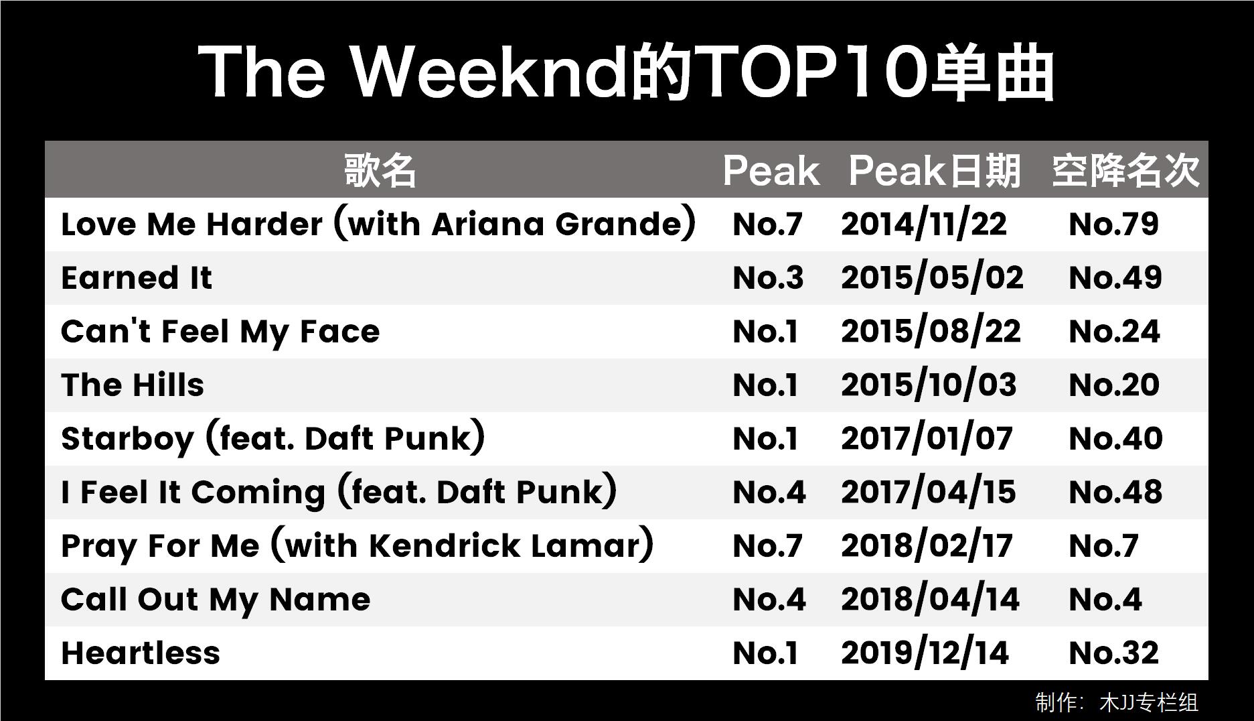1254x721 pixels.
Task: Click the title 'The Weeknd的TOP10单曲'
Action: point(626,72)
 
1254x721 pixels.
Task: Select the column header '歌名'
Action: point(380,170)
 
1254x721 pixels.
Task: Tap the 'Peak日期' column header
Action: point(935,170)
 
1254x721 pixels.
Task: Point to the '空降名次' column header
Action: point(1125,170)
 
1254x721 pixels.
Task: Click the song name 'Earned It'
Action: point(137,278)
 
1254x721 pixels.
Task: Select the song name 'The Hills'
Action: point(133,385)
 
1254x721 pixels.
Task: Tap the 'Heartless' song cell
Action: point(141,653)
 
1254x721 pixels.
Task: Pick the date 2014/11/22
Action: point(924,224)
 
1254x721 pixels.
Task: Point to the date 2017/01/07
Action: point(927,439)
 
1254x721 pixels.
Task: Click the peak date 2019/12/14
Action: point(925,653)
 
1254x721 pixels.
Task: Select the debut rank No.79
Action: point(1114,224)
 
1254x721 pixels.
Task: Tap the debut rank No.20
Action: point(1115,385)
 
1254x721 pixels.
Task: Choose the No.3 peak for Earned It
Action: point(768,278)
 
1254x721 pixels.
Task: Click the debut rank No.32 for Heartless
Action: point(1114,653)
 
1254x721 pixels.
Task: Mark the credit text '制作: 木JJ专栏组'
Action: point(1117,702)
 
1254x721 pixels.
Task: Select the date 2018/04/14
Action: point(931,600)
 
